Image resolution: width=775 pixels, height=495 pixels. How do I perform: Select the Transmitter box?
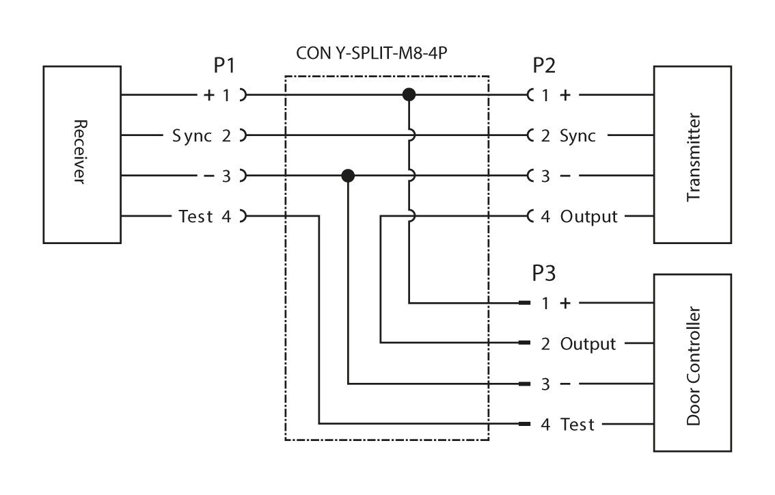pos(693,155)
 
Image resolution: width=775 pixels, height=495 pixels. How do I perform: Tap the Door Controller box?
pos(693,363)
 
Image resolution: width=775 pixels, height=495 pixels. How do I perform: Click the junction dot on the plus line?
pos(409,94)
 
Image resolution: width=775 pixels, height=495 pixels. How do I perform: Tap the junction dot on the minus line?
pos(348,176)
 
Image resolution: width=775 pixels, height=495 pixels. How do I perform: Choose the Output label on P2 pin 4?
pos(588,217)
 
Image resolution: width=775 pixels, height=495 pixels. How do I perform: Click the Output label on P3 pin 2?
pos(588,343)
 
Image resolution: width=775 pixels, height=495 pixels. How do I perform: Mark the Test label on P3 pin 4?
pos(577,425)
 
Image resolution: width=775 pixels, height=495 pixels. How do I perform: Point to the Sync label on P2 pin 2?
pos(578,135)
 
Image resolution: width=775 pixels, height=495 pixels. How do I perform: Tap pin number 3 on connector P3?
pos(545,384)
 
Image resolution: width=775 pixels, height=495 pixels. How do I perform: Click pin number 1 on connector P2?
pos(545,94)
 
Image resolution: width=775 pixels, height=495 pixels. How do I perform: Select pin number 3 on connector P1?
pos(226,176)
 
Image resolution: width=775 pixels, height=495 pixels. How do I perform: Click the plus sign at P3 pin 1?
pos(565,302)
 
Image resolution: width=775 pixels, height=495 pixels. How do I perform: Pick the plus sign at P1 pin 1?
pos(206,94)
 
